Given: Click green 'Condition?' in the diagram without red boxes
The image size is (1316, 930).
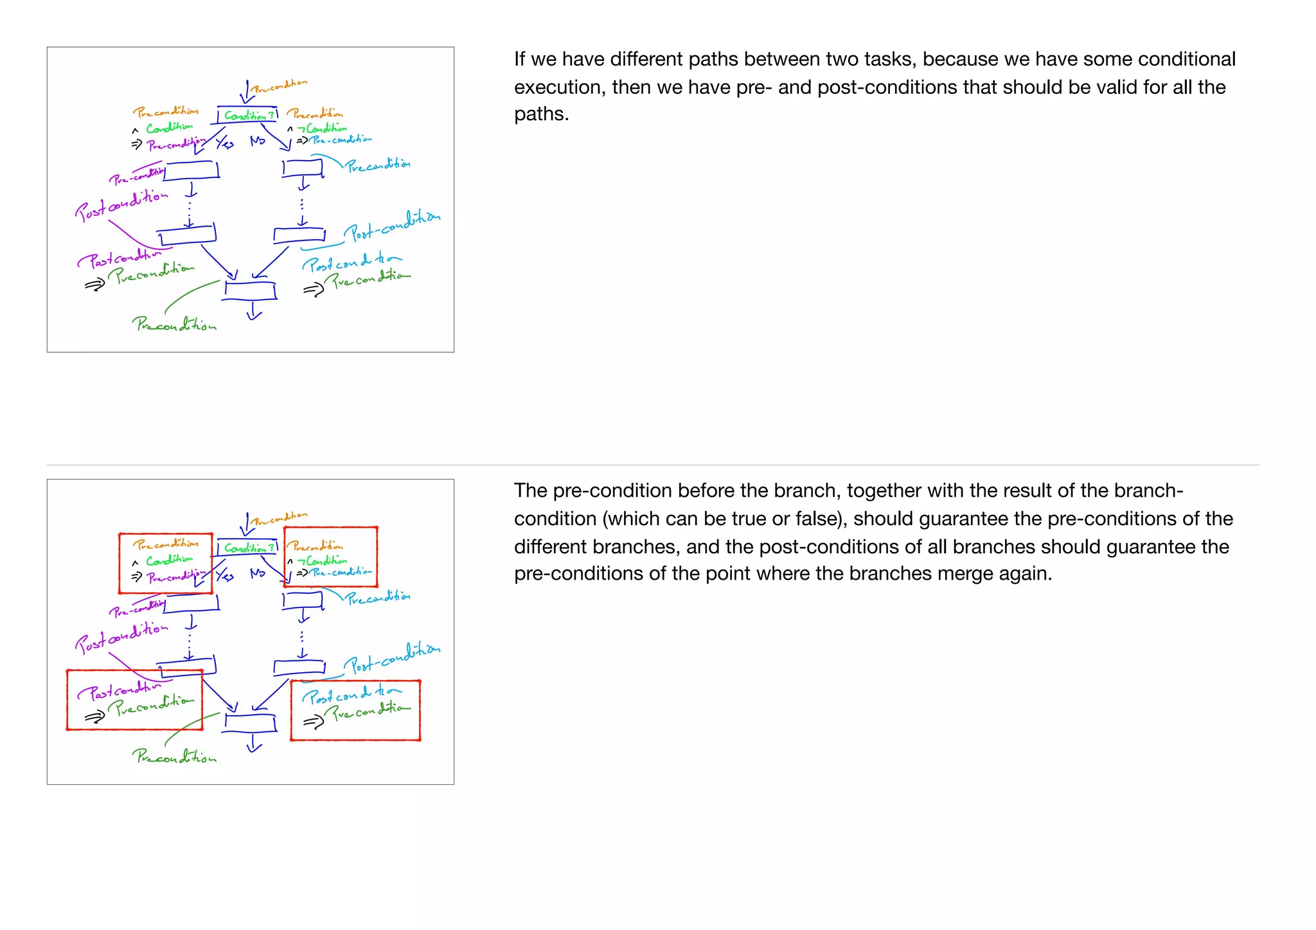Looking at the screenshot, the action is (248, 116).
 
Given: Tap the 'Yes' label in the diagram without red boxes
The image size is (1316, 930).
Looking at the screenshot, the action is (224, 143).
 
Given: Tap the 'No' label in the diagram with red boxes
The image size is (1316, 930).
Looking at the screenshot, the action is (258, 573).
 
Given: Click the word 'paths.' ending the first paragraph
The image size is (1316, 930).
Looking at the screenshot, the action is (541, 114).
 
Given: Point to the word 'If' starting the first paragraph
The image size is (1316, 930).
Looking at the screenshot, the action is (519, 59).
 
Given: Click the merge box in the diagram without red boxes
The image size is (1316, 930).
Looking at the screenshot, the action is (251, 291).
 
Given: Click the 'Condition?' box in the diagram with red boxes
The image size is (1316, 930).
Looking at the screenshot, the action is (248, 548).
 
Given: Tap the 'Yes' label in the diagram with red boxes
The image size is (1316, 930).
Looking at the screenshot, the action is (224, 575).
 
